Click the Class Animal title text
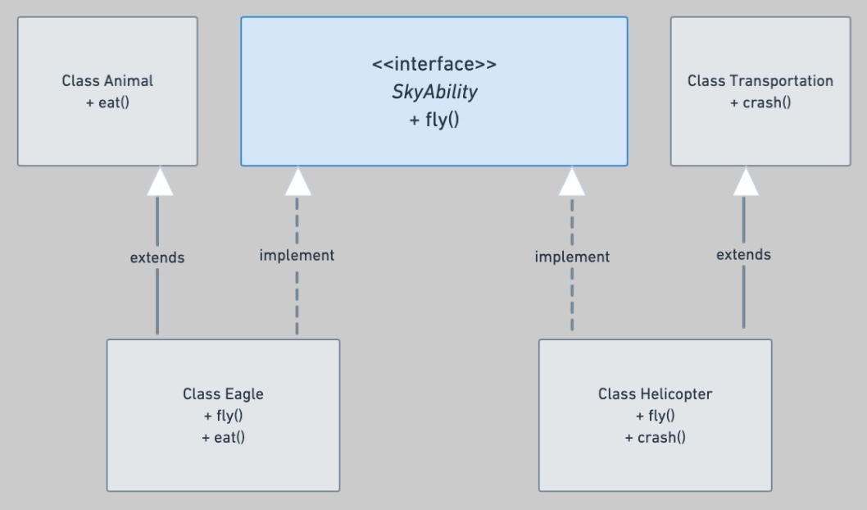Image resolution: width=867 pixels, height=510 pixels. tap(107, 80)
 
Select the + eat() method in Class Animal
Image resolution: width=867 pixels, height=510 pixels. tap(107, 102)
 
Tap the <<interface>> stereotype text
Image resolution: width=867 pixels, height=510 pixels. tap(434, 64)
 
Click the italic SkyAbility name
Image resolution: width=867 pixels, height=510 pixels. tap(434, 92)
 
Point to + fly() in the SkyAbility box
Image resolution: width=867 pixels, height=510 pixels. tap(434, 120)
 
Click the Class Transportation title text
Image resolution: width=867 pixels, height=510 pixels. tap(760, 80)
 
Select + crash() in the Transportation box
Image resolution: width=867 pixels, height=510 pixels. tap(760, 102)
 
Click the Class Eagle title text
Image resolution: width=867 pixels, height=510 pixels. tap(223, 394)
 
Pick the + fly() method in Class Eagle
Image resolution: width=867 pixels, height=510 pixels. tap(223, 416)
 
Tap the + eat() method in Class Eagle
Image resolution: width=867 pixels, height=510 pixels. tap(223, 438)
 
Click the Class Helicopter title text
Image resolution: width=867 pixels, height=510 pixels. tap(655, 394)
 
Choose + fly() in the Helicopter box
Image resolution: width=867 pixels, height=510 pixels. tap(655, 416)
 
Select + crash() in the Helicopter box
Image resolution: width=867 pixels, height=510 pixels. tap(655, 438)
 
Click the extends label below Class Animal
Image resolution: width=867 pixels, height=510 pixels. tap(157, 257)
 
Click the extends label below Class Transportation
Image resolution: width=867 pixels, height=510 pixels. tap(743, 254)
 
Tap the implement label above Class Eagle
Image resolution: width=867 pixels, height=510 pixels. tap(297, 255)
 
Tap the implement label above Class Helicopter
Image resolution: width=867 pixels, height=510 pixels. tap(572, 257)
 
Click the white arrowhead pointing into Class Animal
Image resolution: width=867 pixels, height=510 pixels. tap(160, 181)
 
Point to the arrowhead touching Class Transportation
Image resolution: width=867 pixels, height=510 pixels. tap(746, 181)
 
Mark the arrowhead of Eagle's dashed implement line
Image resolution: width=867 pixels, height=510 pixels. tap(298, 181)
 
